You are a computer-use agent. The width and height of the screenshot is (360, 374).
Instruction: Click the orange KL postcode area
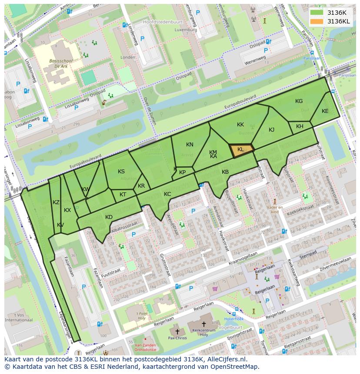pyautogui.click(x=240, y=150)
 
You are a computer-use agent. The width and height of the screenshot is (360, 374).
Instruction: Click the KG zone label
pyautogui.click(x=299, y=101)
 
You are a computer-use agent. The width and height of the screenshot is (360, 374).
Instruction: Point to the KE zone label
pyautogui.click(x=325, y=111)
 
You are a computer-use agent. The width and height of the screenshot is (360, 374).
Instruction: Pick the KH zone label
pyautogui.click(x=300, y=126)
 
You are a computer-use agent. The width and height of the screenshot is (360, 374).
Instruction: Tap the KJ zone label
pyautogui.click(x=271, y=130)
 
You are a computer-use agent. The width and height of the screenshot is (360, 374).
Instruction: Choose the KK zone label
pyautogui.click(x=240, y=125)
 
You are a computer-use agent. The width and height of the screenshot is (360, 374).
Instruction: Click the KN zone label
pyautogui.click(x=190, y=145)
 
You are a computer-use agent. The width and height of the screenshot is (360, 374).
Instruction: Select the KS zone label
pyautogui.click(x=121, y=172)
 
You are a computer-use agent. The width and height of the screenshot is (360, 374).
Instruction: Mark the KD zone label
pyautogui.click(x=109, y=217)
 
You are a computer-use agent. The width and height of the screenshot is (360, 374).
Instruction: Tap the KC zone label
pyautogui.click(x=167, y=194)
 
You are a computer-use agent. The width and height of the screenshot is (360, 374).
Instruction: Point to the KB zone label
pyautogui.click(x=225, y=172)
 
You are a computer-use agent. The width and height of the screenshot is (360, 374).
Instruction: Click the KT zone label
pyautogui.click(x=123, y=195)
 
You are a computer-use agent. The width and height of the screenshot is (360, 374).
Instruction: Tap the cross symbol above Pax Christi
pyautogui.click(x=177, y=331)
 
